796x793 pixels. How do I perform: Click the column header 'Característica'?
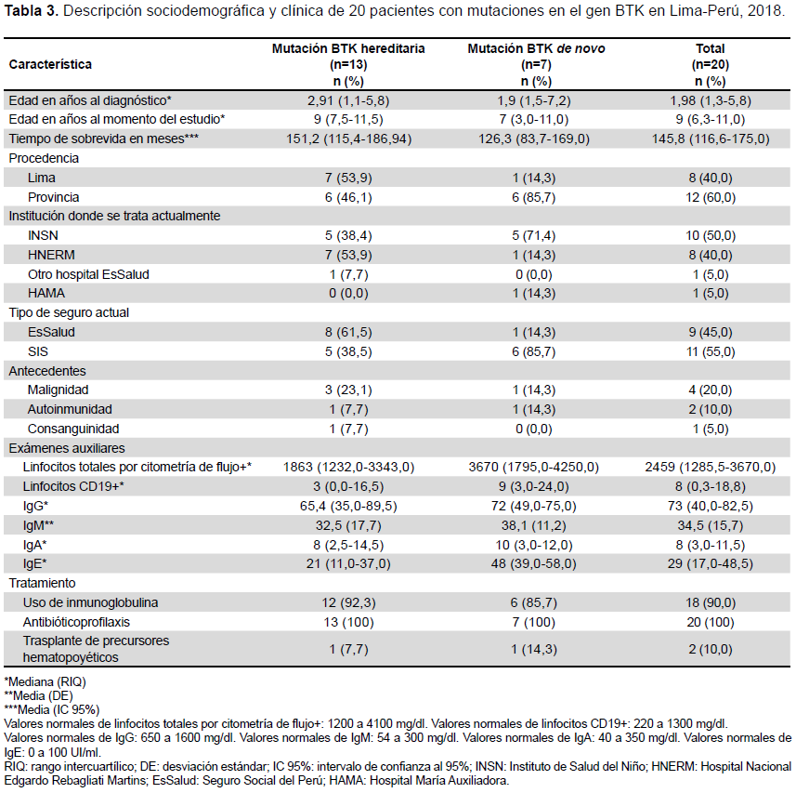pyautogui.click(x=50, y=64)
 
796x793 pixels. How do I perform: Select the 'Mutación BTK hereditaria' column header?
pyautogui.click(x=348, y=48)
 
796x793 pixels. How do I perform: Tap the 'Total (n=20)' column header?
pyautogui.click(x=711, y=57)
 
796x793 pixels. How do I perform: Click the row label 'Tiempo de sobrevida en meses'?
pyautogui.click(x=103, y=139)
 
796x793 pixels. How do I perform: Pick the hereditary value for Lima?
pyautogui.click(x=348, y=178)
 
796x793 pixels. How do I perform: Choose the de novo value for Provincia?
pyautogui.click(x=533, y=197)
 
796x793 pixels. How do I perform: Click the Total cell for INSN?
pyautogui.click(x=711, y=236)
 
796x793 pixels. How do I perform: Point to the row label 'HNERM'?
pyautogui.click(x=51, y=255)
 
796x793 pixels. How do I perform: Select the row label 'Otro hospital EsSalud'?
pyautogui.click(x=88, y=274)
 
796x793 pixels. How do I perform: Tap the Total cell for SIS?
pyautogui.click(x=711, y=351)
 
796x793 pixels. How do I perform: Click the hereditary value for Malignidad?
pyautogui.click(x=348, y=390)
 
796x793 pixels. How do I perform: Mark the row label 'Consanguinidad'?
pyautogui.click(x=73, y=429)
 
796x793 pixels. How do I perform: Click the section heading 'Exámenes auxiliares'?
pyautogui.click(x=67, y=448)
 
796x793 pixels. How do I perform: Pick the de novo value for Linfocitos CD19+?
pyautogui.click(x=533, y=486)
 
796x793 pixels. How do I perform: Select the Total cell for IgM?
pyautogui.click(x=711, y=525)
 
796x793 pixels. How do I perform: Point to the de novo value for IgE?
pyautogui.click(x=533, y=564)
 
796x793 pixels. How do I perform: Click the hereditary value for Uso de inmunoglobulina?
pyautogui.click(x=348, y=602)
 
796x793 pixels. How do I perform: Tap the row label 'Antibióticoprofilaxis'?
pyautogui.click(x=76, y=622)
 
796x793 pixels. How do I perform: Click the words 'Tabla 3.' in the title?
pyautogui.click(x=32, y=11)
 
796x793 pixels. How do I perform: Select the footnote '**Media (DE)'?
pyautogui.click(x=39, y=695)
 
